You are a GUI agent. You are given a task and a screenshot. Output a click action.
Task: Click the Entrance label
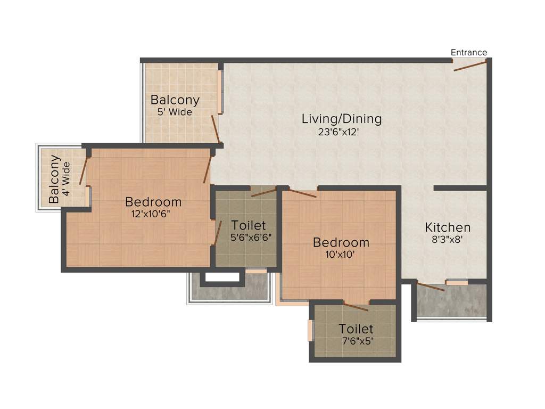click(x=468, y=52)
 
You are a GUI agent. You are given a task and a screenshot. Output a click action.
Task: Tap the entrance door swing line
click(x=470, y=66)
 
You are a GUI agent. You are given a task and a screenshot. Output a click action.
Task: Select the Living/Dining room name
click(x=342, y=118)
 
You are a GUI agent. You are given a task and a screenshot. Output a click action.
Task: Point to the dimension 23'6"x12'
click(x=341, y=132)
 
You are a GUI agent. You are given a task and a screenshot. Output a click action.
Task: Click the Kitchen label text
click(x=447, y=227)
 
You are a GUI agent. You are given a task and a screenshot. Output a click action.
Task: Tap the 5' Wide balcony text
click(x=175, y=112)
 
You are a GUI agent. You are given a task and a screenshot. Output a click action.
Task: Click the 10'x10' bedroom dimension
click(x=340, y=255)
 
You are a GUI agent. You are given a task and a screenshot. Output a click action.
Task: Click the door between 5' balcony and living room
click(x=215, y=128)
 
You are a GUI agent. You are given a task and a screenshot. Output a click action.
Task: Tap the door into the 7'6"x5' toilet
click(x=356, y=306)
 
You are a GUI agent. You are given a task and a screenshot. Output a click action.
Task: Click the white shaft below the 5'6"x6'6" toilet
click(x=222, y=277)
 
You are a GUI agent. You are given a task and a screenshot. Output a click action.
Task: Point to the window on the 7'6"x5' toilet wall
click(x=310, y=330)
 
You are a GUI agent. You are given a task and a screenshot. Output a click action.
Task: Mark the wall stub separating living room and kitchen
click(x=460, y=188)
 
